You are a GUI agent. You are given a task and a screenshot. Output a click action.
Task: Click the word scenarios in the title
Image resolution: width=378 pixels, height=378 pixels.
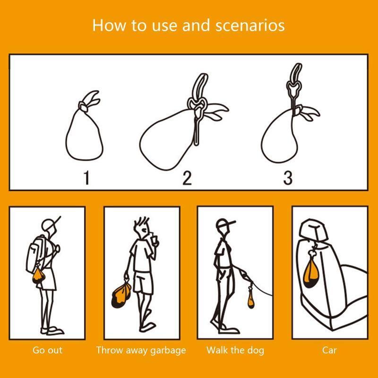click(250, 26)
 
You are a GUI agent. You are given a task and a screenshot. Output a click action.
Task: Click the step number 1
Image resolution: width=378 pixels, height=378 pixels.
click(86, 178)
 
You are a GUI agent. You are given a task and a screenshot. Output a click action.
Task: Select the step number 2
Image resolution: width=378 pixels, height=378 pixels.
click(187, 178)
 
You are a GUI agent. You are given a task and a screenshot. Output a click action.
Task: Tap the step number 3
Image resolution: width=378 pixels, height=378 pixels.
click(288, 178)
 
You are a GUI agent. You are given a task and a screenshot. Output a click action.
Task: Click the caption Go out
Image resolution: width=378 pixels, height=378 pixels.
click(48, 350)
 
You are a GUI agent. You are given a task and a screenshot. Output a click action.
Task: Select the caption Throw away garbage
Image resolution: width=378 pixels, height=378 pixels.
click(141, 350)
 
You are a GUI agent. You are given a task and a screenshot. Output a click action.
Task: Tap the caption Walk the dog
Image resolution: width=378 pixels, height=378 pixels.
click(235, 350)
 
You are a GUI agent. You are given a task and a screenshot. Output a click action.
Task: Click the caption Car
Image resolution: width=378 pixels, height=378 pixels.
click(329, 350)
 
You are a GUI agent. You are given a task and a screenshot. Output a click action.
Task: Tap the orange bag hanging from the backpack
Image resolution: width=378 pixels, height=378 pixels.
click(38, 275)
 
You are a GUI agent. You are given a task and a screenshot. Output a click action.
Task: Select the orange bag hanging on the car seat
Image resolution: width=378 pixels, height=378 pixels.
click(311, 274)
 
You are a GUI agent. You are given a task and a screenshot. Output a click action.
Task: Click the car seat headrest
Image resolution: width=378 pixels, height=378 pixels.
click(313, 229)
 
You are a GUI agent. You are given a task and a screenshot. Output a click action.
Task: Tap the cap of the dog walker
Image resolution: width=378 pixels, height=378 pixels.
click(225, 223)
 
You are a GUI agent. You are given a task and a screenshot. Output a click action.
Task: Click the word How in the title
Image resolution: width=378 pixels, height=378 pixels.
click(109, 25)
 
